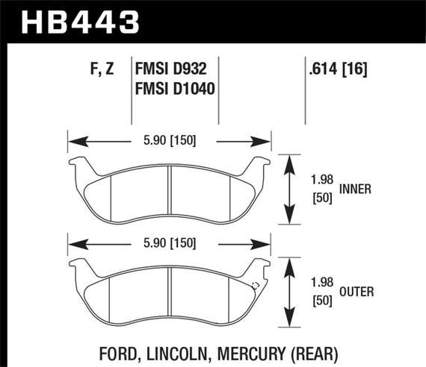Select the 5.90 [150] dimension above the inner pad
(169, 139)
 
